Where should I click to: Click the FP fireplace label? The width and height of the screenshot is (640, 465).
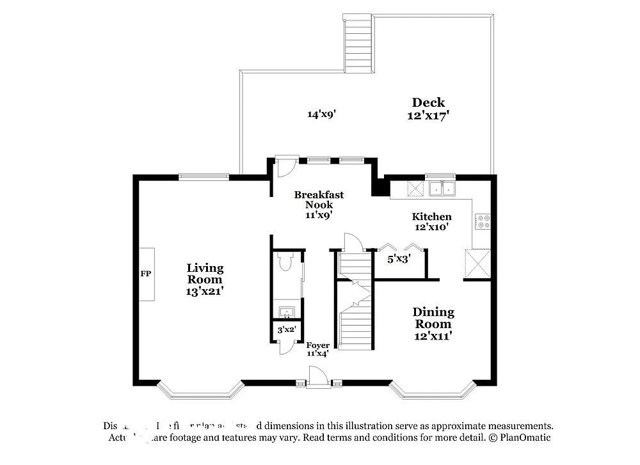pyautogui.click(x=145, y=274)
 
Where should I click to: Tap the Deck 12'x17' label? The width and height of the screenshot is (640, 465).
pyautogui.click(x=428, y=109)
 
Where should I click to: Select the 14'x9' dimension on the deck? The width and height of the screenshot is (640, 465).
pyautogui.click(x=321, y=114)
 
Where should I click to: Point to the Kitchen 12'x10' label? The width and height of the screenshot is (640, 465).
pyautogui.click(x=431, y=221)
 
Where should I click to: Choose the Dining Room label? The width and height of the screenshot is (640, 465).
pyautogui.click(x=433, y=323)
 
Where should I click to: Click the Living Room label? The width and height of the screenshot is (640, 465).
pyautogui.click(x=205, y=279)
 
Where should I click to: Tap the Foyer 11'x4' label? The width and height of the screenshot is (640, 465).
pyautogui.click(x=318, y=349)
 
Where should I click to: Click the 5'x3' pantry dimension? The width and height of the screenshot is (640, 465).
pyautogui.click(x=399, y=259)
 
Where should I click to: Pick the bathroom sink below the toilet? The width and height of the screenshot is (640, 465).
pyautogui.click(x=287, y=313)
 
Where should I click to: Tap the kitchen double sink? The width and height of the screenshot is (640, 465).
pyautogui.click(x=442, y=188)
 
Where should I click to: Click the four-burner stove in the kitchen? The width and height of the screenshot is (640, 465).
pyautogui.click(x=483, y=221)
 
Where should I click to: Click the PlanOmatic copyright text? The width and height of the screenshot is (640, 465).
pyautogui.click(x=518, y=437)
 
